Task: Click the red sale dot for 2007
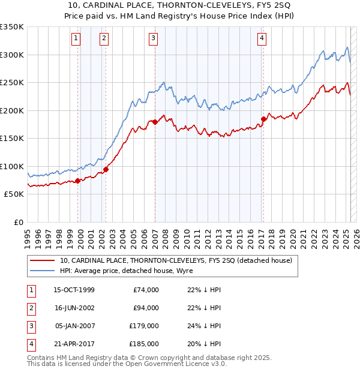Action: coord(155,122)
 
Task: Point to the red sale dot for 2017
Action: coord(263,119)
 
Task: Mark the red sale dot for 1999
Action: coord(78,181)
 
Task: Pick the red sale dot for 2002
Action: coord(106,169)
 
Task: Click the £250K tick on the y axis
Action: coord(12,83)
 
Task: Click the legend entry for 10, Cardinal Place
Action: coord(176,260)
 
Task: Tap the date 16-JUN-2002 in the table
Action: coord(74,308)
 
